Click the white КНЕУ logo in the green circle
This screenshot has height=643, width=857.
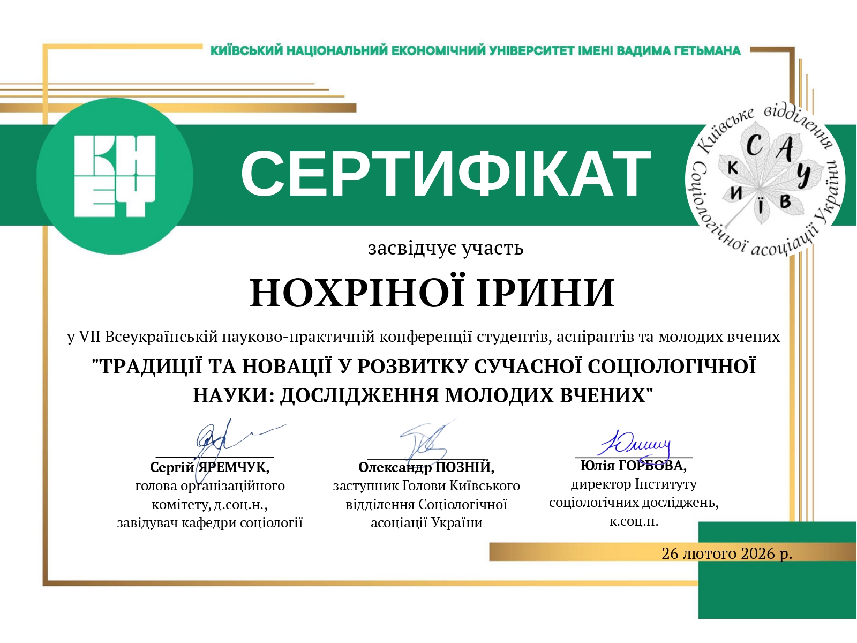[115, 176]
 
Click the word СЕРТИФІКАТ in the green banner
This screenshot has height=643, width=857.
[445, 174]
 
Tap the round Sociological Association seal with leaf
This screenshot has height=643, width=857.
[765, 180]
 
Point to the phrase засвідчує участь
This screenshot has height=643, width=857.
[445, 248]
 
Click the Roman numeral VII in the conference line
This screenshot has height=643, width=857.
[89, 337]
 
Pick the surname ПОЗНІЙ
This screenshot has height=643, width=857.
[464, 467]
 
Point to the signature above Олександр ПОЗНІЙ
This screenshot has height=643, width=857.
[426, 442]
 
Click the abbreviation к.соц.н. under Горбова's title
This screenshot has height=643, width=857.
[634, 521]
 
